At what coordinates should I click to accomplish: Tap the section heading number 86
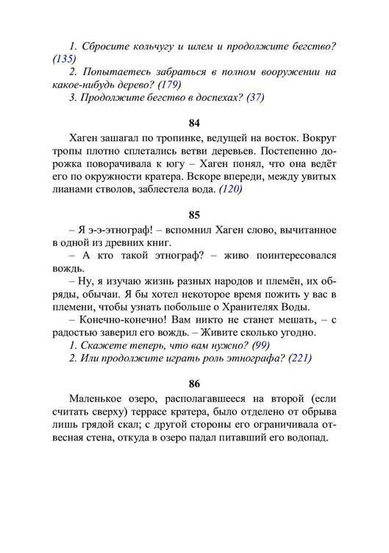194,383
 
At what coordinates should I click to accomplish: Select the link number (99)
260,345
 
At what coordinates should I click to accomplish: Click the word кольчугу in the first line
157,46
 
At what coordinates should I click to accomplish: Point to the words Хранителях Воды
271,307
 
